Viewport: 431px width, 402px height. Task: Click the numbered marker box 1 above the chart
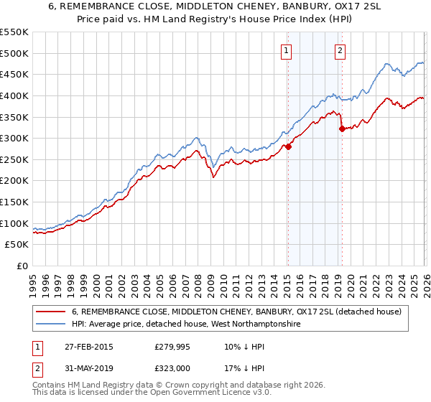[x=287, y=50]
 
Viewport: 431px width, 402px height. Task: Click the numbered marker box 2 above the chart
[x=339, y=50]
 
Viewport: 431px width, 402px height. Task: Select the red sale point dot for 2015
[x=288, y=146]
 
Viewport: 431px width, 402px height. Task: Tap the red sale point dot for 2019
[x=342, y=128]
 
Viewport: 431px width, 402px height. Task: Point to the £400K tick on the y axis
[x=14, y=95]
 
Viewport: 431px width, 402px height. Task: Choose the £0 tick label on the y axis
[x=22, y=266]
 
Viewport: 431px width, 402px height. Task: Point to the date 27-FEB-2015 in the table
[x=87, y=347]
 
